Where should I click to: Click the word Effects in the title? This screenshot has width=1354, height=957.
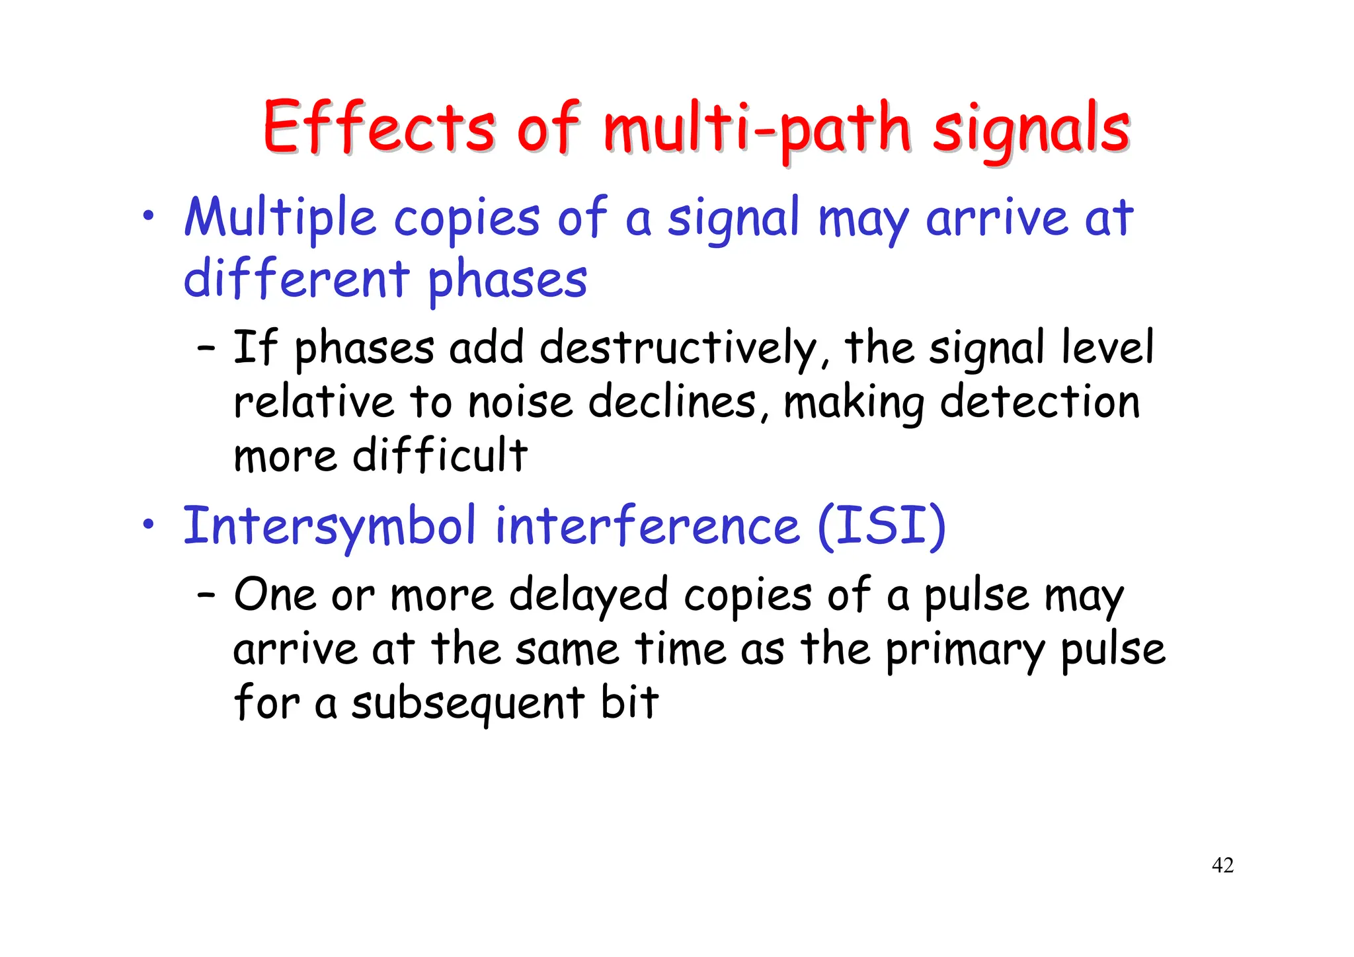pyautogui.click(x=379, y=127)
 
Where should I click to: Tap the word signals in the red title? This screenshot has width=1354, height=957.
pyautogui.click(x=1031, y=129)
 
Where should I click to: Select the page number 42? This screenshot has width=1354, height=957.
pyautogui.click(x=1222, y=865)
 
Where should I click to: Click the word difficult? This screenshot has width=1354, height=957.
pyautogui.click(x=440, y=456)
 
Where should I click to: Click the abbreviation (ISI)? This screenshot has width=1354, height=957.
pyautogui.click(x=882, y=527)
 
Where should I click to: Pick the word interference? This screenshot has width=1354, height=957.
pyautogui.click(x=647, y=527)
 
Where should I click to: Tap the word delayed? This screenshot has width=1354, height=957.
pyautogui.click(x=588, y=595)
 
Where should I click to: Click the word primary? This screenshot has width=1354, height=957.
pyautogui.click(x=965, y=650)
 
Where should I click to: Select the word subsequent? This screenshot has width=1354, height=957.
pyautogui.click(x=468, y=703)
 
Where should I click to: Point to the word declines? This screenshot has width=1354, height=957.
pyautogui.click(x=679, y=402)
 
